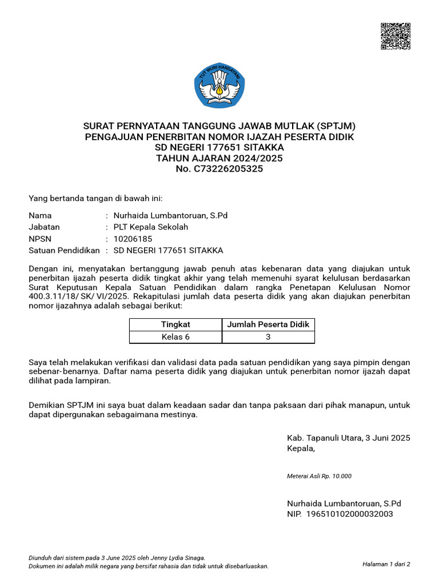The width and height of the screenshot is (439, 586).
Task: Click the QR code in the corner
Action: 396,37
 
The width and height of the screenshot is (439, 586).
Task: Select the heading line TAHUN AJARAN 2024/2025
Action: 219,158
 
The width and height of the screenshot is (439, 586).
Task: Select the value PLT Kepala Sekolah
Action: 151,227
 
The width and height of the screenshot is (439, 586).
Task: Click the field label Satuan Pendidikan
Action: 64,251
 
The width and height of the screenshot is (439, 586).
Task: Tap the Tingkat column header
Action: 175,324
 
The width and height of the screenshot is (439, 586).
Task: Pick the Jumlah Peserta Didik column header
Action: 268,324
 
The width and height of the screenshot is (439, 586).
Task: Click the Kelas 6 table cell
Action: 175,337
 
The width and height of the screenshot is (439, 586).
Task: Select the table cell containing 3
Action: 268,337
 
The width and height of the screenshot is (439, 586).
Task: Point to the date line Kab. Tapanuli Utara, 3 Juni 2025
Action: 348,438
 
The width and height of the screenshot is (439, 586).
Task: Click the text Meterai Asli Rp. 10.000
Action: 319,476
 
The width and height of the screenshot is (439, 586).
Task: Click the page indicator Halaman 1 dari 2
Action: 386,564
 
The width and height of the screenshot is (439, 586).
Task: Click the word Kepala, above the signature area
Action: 301,449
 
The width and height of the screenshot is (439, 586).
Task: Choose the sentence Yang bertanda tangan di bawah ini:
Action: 95,199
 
